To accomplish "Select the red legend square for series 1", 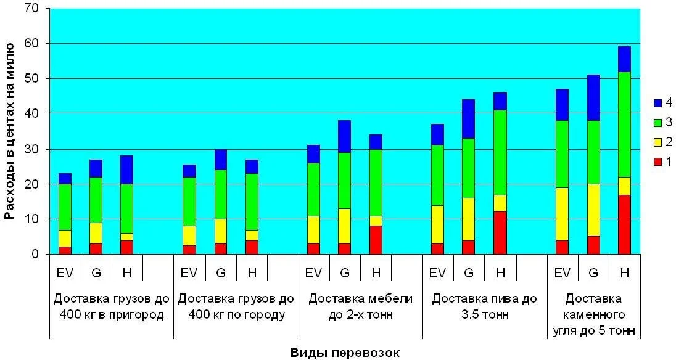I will tap(657, 161).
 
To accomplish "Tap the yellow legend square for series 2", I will tap(657, 141).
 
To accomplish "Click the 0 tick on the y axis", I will tap(36, 254).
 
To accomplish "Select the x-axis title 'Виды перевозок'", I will tap(345, 353).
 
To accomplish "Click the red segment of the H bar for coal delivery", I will tap(624, 224).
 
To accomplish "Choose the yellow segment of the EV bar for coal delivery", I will tap(562, 214).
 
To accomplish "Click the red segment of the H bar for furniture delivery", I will tap(376, 240).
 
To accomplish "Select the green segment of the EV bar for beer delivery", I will tap(437, 176).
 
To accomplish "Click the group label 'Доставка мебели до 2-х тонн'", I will tap(360, 306).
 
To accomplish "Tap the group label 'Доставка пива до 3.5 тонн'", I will tap(484, 306).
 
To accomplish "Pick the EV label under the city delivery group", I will tap(189, 272).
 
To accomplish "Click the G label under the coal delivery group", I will tap(593, 272).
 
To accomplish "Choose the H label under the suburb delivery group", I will tap(126, 272).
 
